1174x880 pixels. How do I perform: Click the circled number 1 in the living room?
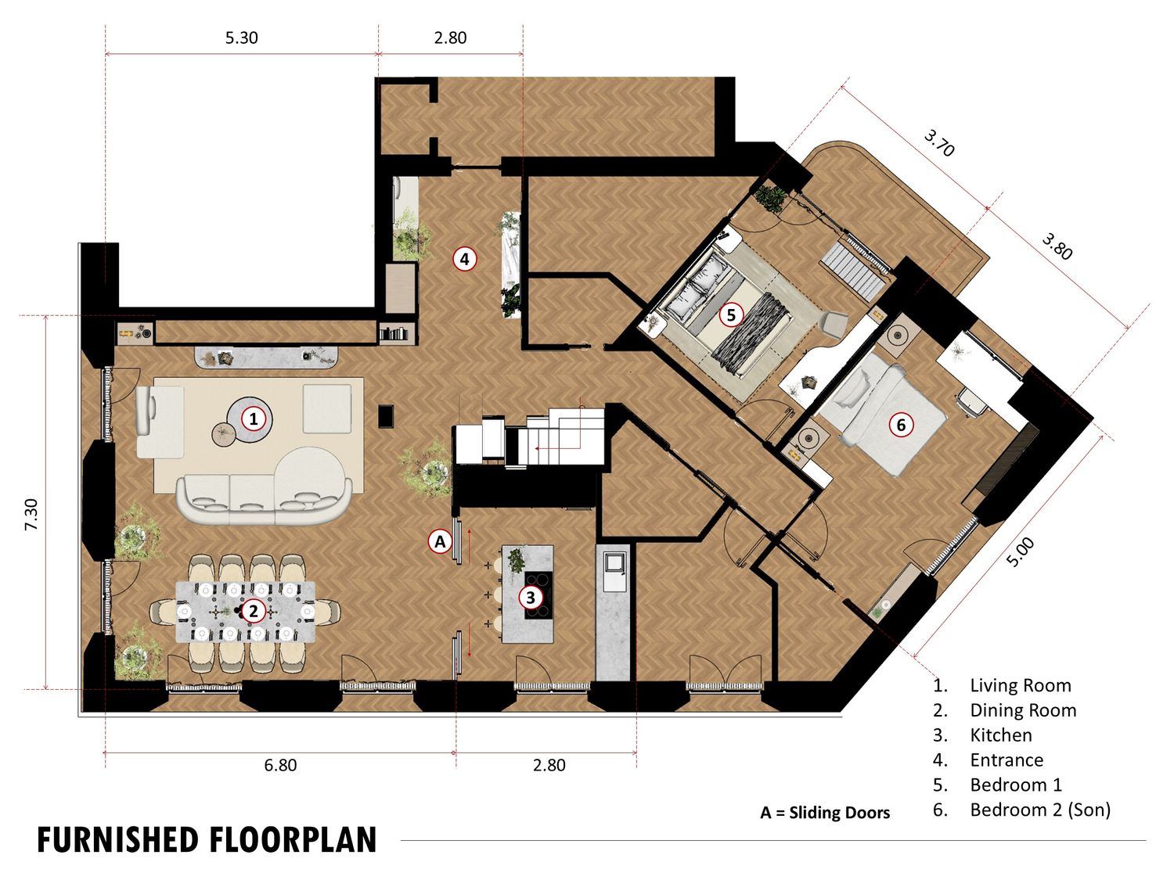pos(254,418)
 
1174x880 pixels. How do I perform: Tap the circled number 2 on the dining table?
pos(254,611)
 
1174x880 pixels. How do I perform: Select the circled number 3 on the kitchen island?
pos(531,598)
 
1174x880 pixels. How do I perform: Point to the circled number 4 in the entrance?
pos(464,259)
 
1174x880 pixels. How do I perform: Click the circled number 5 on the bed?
pos(730,314)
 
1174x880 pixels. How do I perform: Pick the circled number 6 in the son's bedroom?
pos(901,425)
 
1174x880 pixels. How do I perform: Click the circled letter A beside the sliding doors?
pos(440,542)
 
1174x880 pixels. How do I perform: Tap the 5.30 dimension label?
pos(241,38)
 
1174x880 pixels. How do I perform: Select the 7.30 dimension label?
pos(31,515)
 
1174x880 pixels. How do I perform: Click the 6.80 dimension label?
pos(280,765)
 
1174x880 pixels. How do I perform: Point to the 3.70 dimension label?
pos(939,143)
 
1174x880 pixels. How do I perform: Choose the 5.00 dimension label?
pos(1021,552)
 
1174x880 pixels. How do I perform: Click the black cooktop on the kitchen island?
pos(539,595)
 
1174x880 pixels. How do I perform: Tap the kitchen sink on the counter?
pos(614,572)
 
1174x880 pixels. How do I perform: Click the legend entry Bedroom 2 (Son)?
pos(1040,810)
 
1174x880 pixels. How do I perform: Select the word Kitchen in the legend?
pos(1001,735)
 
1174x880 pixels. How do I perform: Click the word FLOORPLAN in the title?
pos(293,840)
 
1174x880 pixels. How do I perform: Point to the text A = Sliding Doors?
pos(825,813)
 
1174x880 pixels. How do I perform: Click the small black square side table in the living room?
pos(386,416)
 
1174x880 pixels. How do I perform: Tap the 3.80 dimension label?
pos(1057,247)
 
